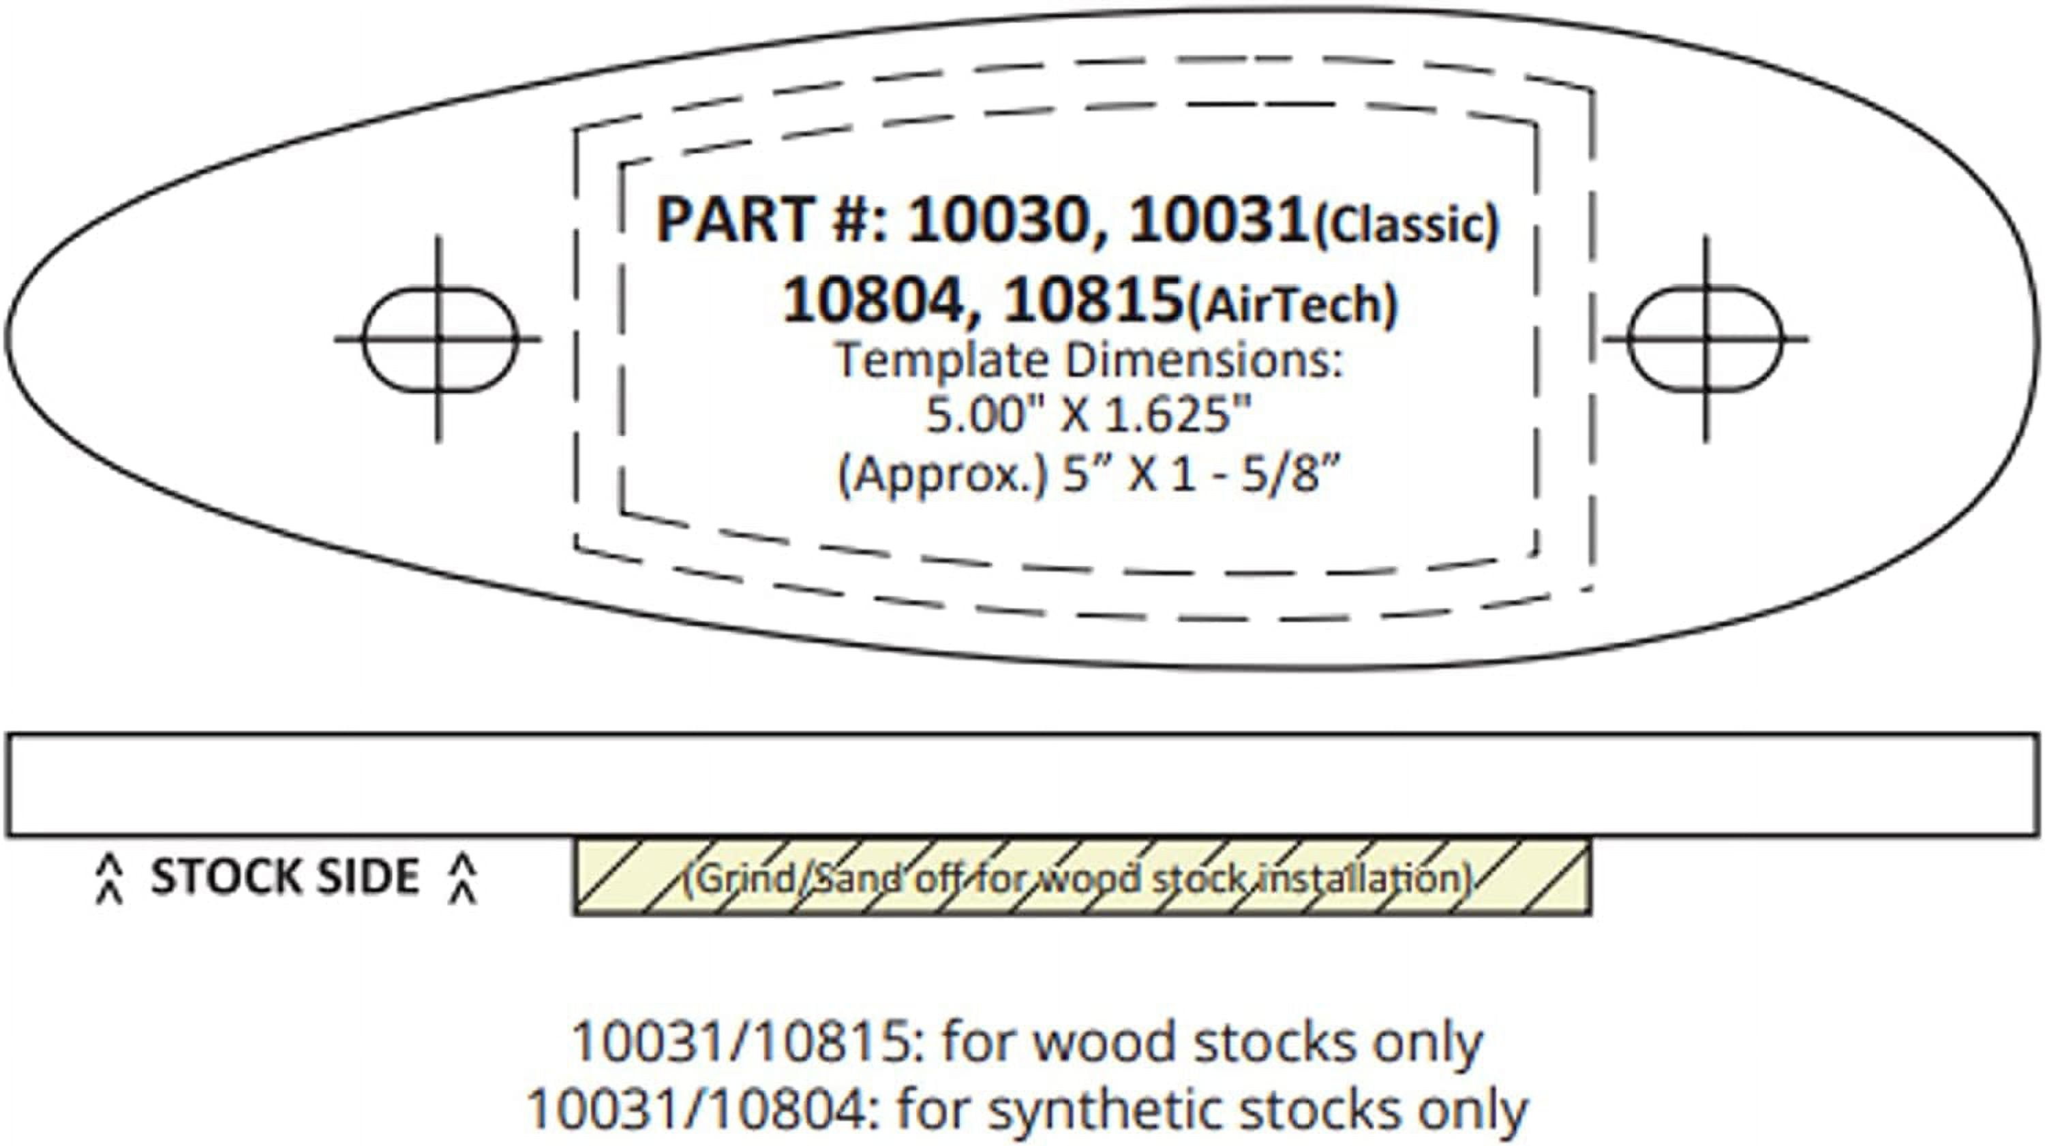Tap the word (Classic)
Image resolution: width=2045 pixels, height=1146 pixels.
[1406, 226]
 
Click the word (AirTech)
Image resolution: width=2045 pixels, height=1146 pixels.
[1292, 305]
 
